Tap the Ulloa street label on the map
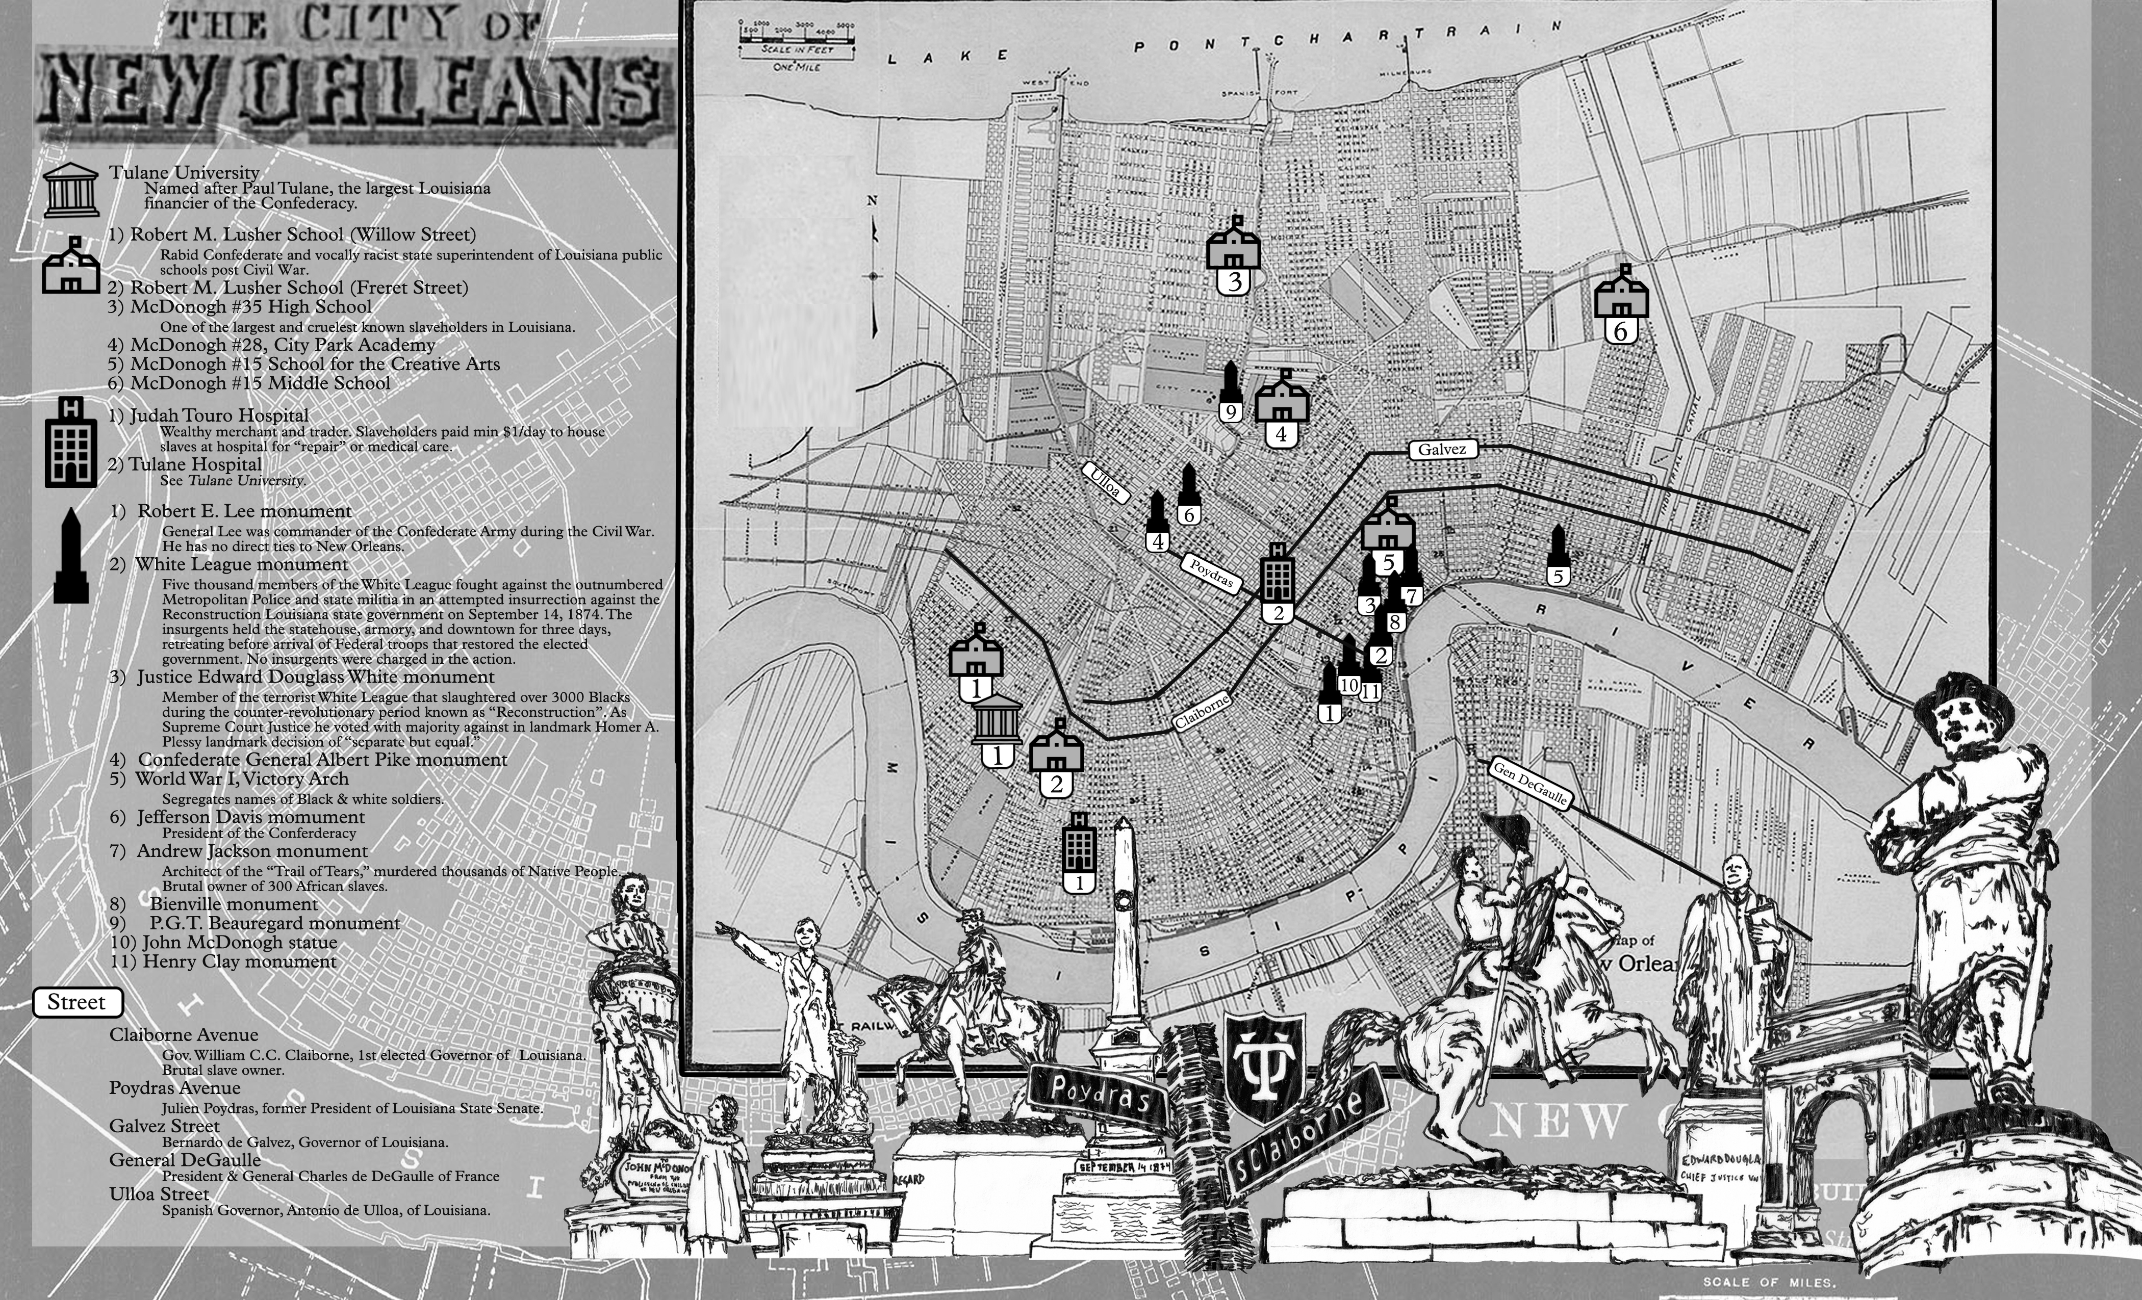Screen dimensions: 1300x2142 click(x=1106, y=482)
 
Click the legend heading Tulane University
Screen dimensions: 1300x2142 click(x=184, y=172)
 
